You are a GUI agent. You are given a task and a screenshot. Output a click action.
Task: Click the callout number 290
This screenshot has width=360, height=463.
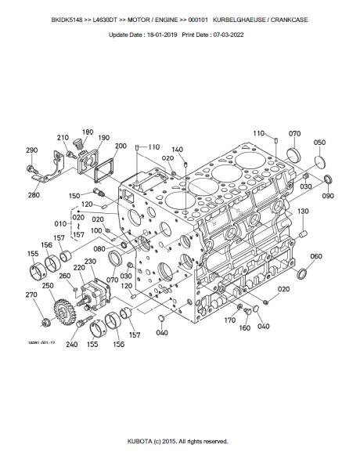pyautogui.click(x=32, y=150)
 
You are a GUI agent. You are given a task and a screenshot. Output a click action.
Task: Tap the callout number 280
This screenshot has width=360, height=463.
pyautogui.click(x=34, y=195)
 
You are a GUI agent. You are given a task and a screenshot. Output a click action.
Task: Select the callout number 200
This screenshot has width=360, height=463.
pyautogui.click(x=121, y=146)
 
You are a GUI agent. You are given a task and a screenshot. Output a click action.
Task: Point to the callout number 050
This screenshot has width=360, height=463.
pyautogui.click(x=319, y=143)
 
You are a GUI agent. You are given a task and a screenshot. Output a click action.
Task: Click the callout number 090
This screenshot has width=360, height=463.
pyautogui.click(x=328, y=196)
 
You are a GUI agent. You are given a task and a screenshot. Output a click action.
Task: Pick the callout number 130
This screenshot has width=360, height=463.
pyautogui.click(x=303, y=211)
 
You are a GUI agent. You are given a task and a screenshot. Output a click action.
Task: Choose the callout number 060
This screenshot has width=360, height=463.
pyautogui.click(x=316, y=256)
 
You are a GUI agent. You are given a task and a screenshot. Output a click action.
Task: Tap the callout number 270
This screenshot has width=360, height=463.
pyautogui.click(x=31, y=295)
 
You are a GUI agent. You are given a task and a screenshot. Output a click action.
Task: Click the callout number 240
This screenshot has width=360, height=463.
pyautogui.click(x=72, y=344)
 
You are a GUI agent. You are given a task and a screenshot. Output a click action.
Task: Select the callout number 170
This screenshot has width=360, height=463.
pyautogui.click(x=230, y=320)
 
